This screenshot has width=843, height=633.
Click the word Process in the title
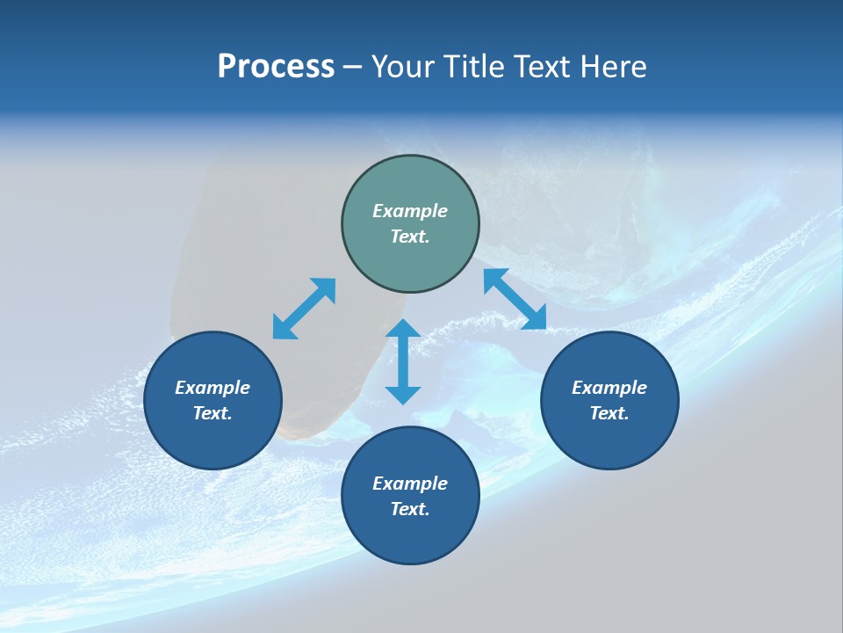coord(276,67)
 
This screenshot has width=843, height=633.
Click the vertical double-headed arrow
coord(403,361)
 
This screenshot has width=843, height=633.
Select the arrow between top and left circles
coord(304,309)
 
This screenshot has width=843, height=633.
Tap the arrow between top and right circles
coord(515,299)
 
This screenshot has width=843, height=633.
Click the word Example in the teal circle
coord(410,211)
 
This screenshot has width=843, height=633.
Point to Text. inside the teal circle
coord(410,236)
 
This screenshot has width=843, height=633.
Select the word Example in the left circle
coord(213,388)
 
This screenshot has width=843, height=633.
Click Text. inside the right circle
coord(609,413)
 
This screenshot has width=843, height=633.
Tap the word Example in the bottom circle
coord(410,484)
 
